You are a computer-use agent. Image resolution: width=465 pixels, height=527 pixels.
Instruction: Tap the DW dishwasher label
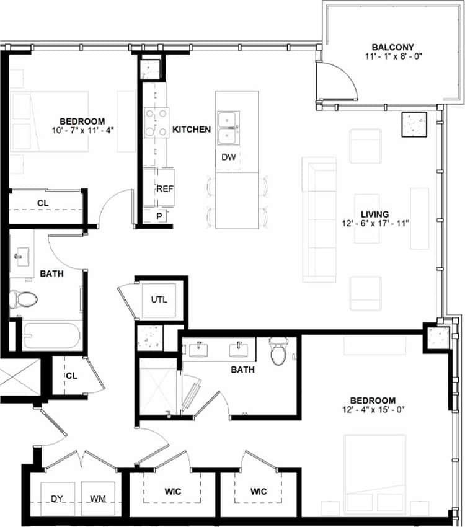coord(228,157)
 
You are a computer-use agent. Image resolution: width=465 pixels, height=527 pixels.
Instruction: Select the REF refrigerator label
coord(164,188)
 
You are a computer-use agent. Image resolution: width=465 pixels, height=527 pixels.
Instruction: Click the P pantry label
coord(159,216)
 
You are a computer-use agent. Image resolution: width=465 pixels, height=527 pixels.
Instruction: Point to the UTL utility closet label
coord(159,299)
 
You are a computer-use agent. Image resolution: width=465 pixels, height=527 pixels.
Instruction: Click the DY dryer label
coord(57,498)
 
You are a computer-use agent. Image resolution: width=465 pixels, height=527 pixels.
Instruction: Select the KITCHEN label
coord(192,130)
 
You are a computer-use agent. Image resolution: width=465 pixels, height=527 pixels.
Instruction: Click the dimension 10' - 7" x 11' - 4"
coord(82,130)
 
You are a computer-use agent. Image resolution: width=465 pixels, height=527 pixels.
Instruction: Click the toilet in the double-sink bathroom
coord(277,353)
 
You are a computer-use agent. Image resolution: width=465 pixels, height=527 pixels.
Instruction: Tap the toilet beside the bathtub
coord(25,300)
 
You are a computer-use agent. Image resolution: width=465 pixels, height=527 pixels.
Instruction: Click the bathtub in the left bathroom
coord(51,336)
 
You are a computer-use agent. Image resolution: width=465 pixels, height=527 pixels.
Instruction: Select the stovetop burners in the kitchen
coord(157,122)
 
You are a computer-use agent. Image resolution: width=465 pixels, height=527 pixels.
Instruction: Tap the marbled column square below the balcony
coord(414,124)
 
